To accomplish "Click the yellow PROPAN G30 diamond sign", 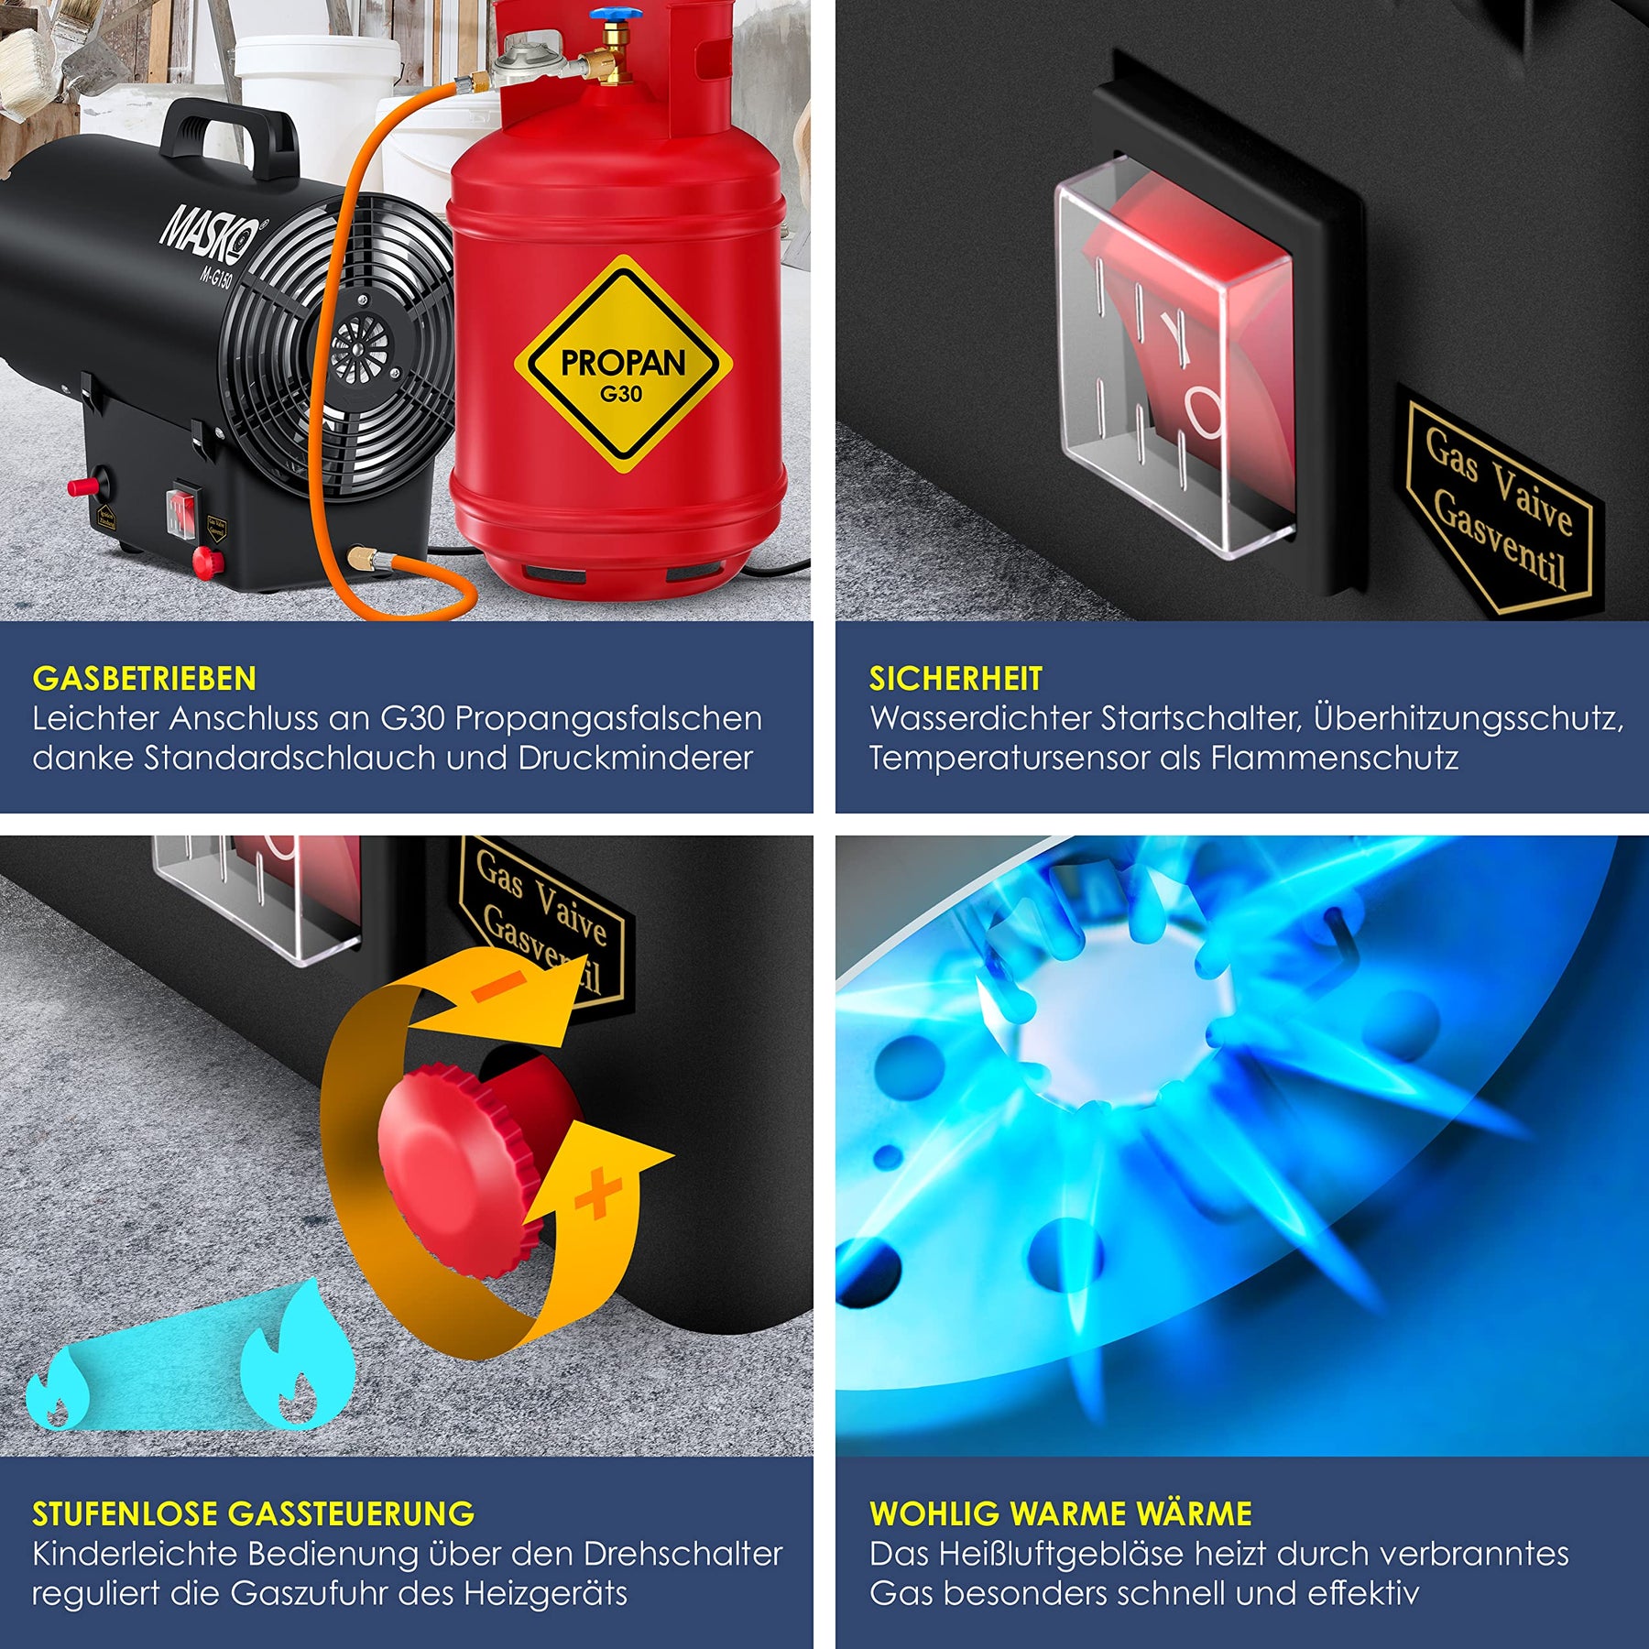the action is [x=623, y=366].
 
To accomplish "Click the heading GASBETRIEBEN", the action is [x=145, y=678].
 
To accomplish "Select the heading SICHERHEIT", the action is [x=956, y=678].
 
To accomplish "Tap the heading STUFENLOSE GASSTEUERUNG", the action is [x=254, y=1513].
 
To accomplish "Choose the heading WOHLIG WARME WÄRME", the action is [x=1061, y=1513].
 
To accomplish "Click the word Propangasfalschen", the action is [x=608, y=719].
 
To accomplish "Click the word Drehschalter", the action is [x=683, y=1555].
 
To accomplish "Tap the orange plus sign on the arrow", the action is [x=598, y=1193].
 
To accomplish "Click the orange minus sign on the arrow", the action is [x=499, y=986].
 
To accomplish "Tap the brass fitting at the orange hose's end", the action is [x=360, y=556].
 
